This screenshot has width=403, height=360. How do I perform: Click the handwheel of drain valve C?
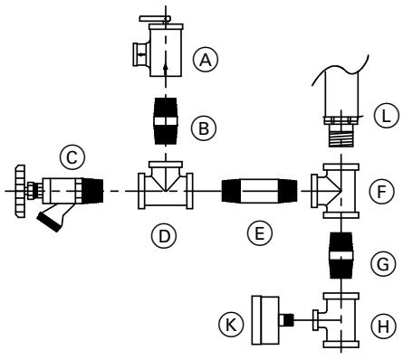click(21, 191)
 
